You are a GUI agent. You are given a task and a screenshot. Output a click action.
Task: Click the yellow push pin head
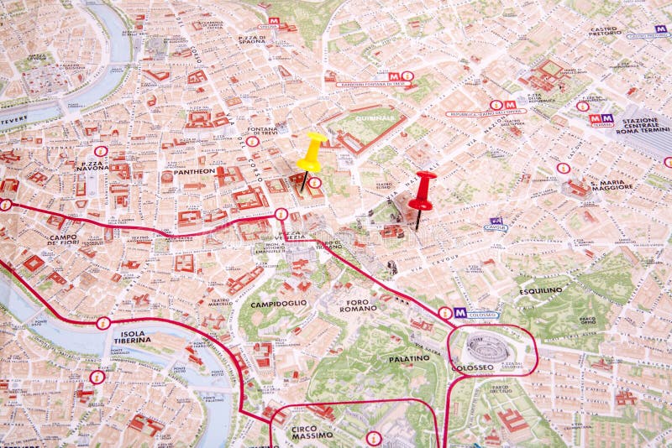tap(312, 150)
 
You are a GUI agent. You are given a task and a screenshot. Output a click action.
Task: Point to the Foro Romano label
tap(359, 305)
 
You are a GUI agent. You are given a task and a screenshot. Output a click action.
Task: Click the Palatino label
tap(409, 358)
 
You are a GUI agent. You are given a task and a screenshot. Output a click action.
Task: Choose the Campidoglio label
tap(278, 303)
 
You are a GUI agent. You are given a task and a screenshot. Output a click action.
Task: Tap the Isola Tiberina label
tap(133, 337)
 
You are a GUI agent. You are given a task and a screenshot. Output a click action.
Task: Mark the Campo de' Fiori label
tap(64, 240)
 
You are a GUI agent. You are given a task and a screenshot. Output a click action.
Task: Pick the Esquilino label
tap(541, 290)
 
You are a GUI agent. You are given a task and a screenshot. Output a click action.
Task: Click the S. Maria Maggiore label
tap(612, 185)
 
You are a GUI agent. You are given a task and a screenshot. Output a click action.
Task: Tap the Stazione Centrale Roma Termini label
tap(642, 125)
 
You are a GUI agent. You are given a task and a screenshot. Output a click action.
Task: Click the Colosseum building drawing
tap(486, 346)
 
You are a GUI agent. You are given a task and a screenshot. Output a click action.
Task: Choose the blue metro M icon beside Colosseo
tap(460, 312)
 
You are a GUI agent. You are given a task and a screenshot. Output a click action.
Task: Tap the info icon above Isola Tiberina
tap(103, 323)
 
